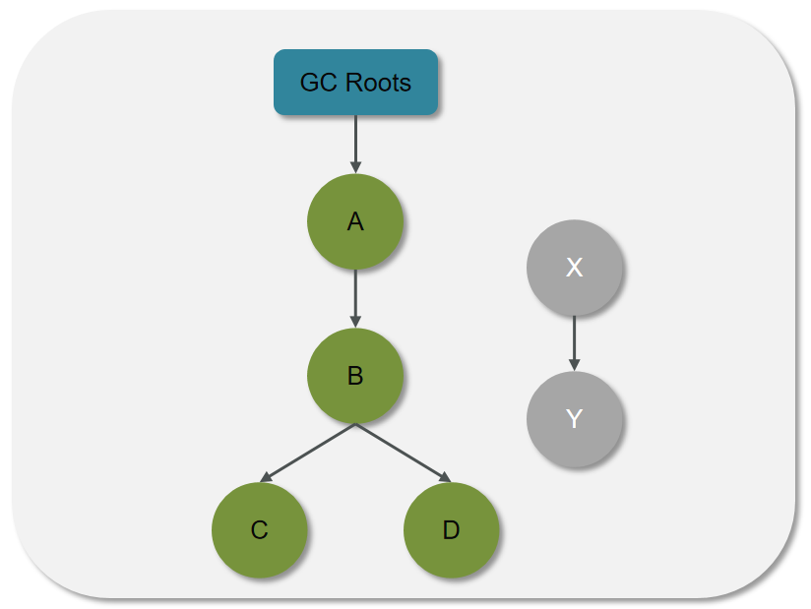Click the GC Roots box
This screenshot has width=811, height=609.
[355, 82]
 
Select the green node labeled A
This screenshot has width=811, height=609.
[355, 221]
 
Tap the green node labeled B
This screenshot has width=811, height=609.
[355, 375]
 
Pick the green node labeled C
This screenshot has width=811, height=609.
[259, 530]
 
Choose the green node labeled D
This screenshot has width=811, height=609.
[451, 530]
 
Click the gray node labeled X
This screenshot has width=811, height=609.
[575, 267]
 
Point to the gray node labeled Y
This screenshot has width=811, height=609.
[575, 419]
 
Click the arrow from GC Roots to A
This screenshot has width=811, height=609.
[355, 143]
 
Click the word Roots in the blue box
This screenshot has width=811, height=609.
[379, 82]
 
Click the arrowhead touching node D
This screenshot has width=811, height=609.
[445, 478]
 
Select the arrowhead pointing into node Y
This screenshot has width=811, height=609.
[575, 365]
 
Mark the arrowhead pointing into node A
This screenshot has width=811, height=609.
[355, 167]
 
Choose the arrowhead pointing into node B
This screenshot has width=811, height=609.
[355, 321]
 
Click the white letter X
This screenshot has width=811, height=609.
[575, 267]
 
